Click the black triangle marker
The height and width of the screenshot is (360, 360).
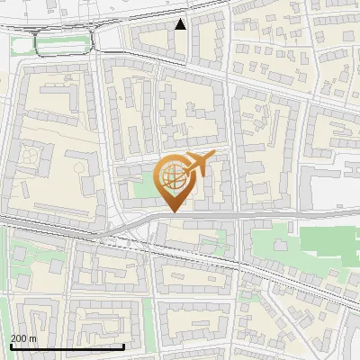tap(181, 24)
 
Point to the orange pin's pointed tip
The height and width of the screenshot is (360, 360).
tap(171, 212)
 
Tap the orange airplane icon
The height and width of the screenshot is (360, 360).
tap(199, 165)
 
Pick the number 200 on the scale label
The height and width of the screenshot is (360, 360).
tap(20, 338)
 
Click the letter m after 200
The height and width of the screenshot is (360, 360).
tap(33, 338)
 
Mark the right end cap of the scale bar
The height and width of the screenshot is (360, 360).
tap(123, 346)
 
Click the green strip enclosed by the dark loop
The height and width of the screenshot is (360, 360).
tap(63, 41)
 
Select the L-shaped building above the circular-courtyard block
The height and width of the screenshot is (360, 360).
tap(58, 94)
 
